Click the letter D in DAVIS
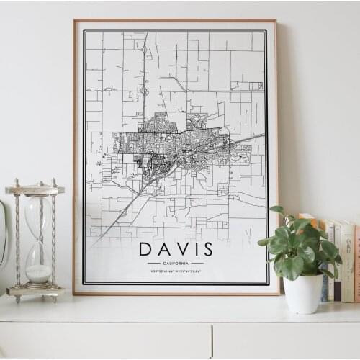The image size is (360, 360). click(146, 249)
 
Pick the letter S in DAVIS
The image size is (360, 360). click(208, 249)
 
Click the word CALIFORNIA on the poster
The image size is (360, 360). click(176, 263)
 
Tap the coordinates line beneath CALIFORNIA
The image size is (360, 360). click(176, 271)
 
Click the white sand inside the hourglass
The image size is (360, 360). click(38, 273)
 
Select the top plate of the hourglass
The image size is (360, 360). click(35, 189)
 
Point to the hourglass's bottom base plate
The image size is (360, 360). click(35, 291)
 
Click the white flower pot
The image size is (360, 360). click(303, 293)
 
